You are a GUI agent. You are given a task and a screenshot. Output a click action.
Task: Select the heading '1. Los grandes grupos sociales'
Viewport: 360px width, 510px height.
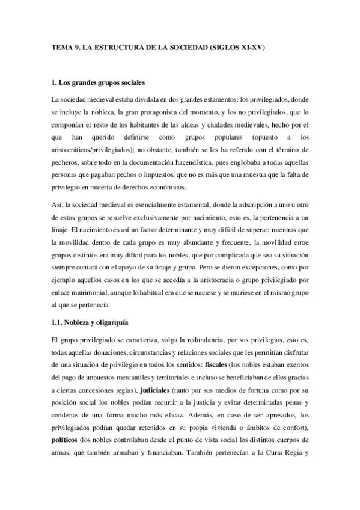click(x=99, y=81)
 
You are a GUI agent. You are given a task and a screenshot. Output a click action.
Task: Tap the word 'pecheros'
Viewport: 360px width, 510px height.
click(x=67, y=164)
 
